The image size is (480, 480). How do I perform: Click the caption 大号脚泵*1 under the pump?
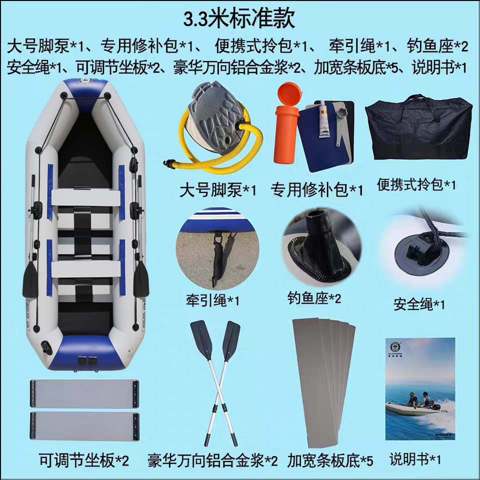218,190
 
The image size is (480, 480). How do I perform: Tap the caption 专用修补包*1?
317,190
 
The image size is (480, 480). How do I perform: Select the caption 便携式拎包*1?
417,185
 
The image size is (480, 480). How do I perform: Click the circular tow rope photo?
218,248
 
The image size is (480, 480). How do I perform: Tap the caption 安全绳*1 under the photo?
419,304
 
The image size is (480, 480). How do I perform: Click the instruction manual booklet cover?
420,388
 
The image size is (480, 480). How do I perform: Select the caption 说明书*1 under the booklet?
415,459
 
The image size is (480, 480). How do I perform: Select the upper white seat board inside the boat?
85,197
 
